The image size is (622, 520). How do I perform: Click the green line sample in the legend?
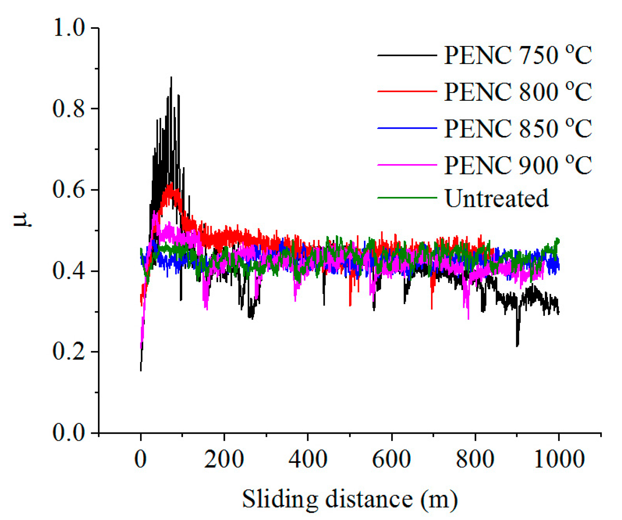pos(407,198)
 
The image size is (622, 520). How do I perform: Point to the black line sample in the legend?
pos(407,55)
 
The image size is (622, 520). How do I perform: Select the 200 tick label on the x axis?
pos(224,459)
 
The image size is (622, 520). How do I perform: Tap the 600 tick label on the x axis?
pos(392,459)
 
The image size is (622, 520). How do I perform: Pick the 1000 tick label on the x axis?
pos(559,459)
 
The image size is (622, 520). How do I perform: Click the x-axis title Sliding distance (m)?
pos(349,500)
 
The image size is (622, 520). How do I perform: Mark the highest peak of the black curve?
pos(171,78)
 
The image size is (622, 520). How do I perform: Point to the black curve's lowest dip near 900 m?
pos(517,345)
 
